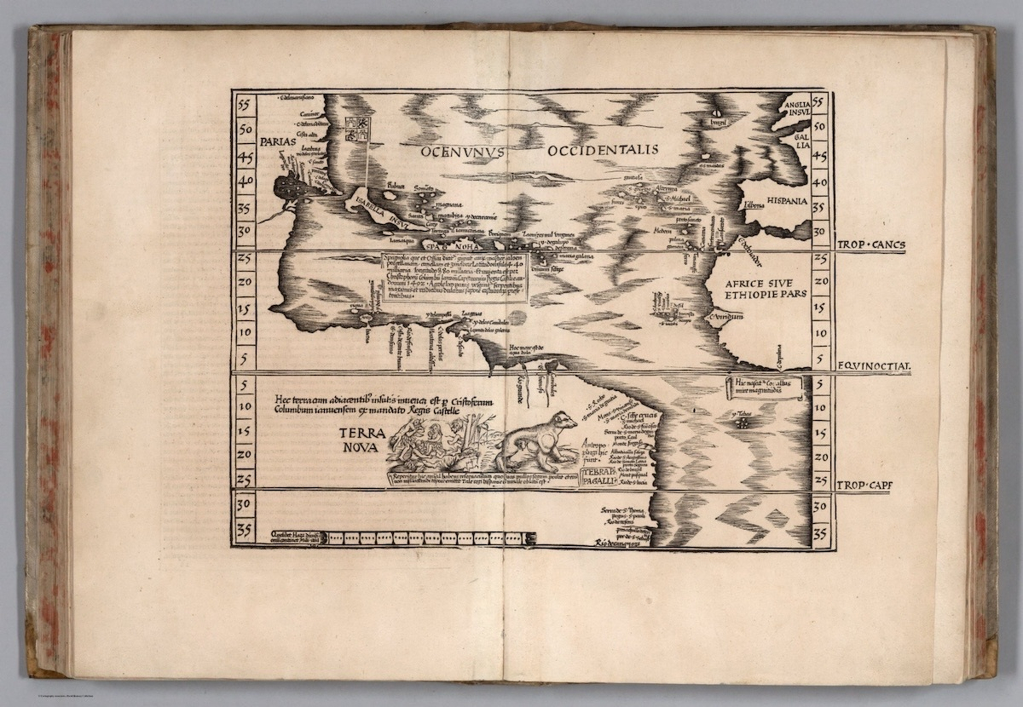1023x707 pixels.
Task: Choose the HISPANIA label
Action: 786,202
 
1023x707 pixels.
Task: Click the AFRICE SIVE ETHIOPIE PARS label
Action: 758,293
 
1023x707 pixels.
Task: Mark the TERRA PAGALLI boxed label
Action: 599,478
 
